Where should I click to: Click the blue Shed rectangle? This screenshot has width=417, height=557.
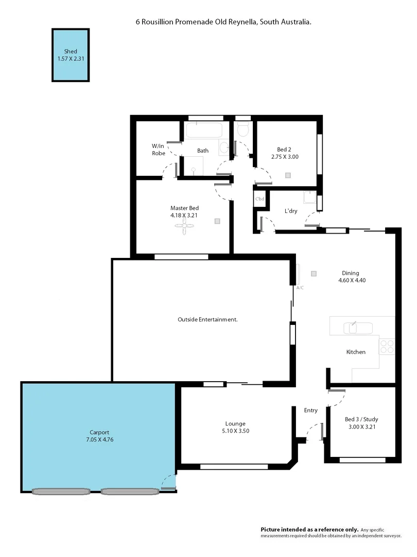click(x=71, y=55)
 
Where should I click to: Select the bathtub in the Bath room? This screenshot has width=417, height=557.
click(x=203, y=130)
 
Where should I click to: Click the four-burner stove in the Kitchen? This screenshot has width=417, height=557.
click(x=387, y=347)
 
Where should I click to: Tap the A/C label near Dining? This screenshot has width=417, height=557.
click(x=300, y=287)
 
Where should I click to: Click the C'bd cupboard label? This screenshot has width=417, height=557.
click(x=259, y=199)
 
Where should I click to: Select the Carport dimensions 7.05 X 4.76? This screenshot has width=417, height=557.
click(x=99, y=439)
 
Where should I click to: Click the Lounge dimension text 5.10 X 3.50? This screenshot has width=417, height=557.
click(x=235, y=431)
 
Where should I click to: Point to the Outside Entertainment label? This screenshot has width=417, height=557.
click(x=207, y=320)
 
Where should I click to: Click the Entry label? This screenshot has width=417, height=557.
click(x=311, y=411)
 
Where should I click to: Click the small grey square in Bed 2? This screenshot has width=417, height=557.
click(x=288, y=175)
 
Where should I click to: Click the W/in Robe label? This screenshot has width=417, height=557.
click(x=158, y=150)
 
